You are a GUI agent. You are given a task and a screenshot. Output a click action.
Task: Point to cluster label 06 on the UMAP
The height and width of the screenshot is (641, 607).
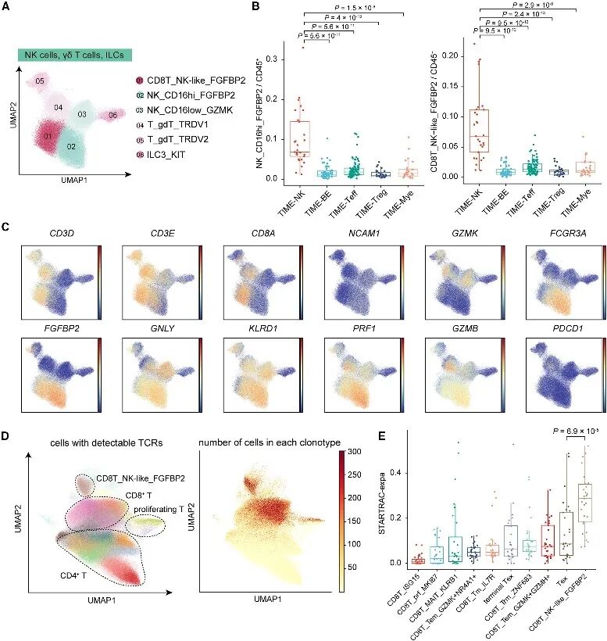[x=112, y=115]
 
